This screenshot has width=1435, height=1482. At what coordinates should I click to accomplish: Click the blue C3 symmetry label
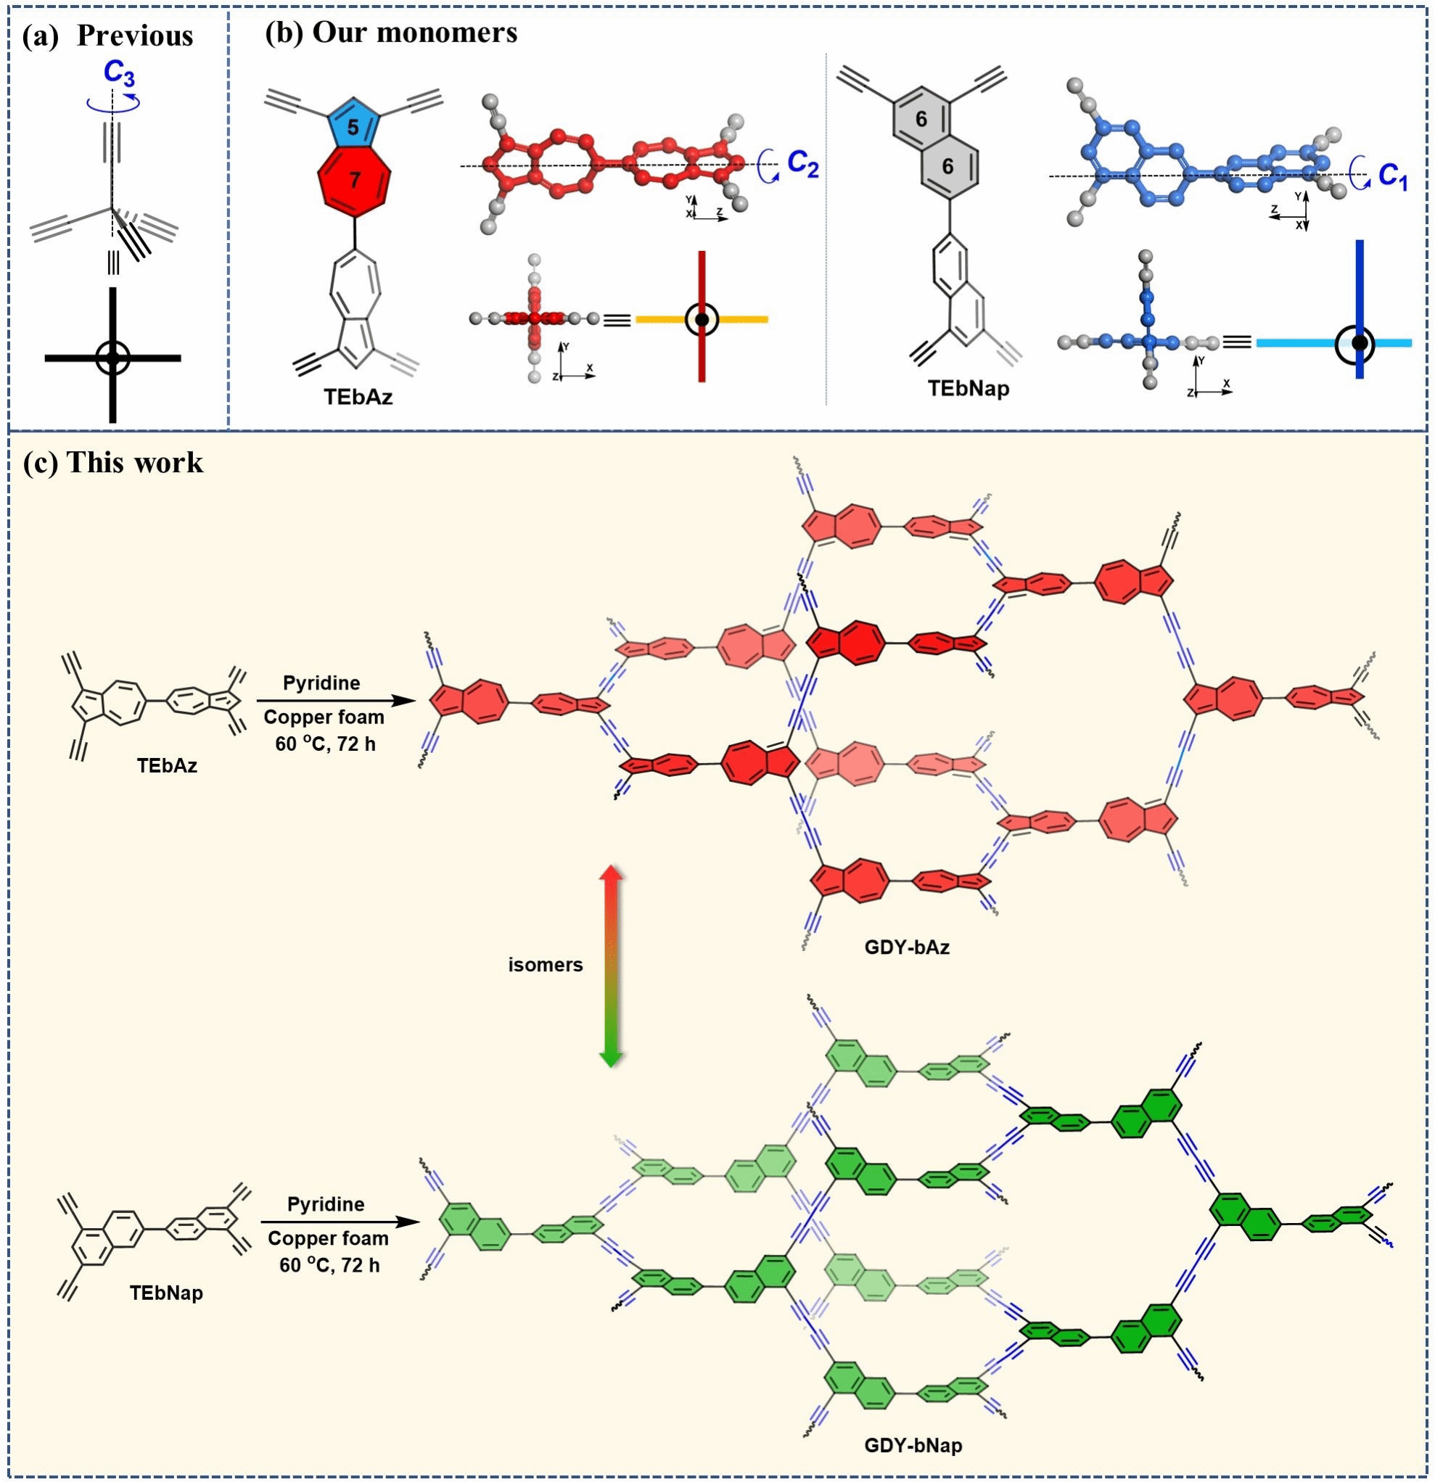tap(120, 73)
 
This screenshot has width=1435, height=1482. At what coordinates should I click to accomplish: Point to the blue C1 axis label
tap(1393, 176)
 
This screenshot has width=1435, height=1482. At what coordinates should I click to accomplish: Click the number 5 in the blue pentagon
tap(353, 127)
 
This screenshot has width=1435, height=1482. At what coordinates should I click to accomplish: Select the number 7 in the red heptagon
tap(354, 179)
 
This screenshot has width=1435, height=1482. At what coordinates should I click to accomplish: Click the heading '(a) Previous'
tap(107, 36)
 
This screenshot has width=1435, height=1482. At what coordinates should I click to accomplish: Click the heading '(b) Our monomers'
tap(391, 32)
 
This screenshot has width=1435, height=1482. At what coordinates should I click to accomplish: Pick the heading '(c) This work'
tap(113, 462)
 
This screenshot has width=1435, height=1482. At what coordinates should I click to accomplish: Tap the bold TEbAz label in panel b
tap(358, 396)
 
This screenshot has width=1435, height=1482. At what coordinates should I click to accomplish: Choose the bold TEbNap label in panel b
tap(969, 389)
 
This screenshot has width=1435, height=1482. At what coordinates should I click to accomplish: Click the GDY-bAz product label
tap(907, 946)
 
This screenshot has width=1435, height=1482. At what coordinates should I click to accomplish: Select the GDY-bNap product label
tap(913, 1445)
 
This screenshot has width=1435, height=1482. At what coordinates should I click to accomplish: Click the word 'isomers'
tap(545, 964)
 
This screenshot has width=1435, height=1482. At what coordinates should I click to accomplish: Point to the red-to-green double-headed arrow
tap(610, 966)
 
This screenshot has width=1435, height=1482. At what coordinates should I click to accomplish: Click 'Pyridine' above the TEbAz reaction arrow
tap(321, 683)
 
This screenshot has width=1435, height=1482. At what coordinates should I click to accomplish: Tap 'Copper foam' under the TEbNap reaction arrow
tap(327, 1238)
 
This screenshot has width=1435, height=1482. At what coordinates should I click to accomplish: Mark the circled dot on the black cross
tap(112, 358)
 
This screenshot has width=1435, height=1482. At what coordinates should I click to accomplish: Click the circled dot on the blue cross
tap(1360, 343)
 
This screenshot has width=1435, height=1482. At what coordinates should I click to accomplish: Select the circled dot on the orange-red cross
tap(702, 320)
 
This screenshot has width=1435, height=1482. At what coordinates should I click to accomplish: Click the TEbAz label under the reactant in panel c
tap(167, 765)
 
